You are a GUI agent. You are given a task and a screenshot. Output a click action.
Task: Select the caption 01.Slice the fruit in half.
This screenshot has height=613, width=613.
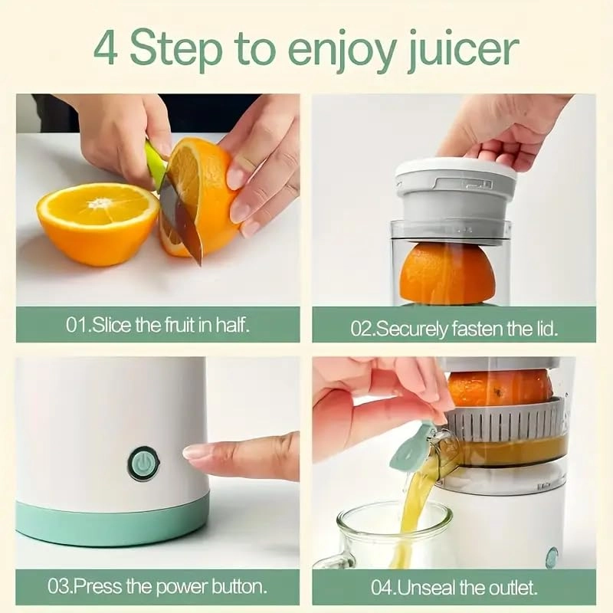point(158,324)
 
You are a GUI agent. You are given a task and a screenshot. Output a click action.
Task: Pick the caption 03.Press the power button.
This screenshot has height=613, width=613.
point(158,587)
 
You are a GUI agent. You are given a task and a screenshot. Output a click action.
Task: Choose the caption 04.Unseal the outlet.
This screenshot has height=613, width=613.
point(454,588)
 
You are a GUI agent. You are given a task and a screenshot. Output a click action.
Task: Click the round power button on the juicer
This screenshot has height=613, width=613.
point(143,464)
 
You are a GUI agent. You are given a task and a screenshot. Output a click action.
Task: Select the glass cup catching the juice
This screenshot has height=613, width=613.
point(383,536)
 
